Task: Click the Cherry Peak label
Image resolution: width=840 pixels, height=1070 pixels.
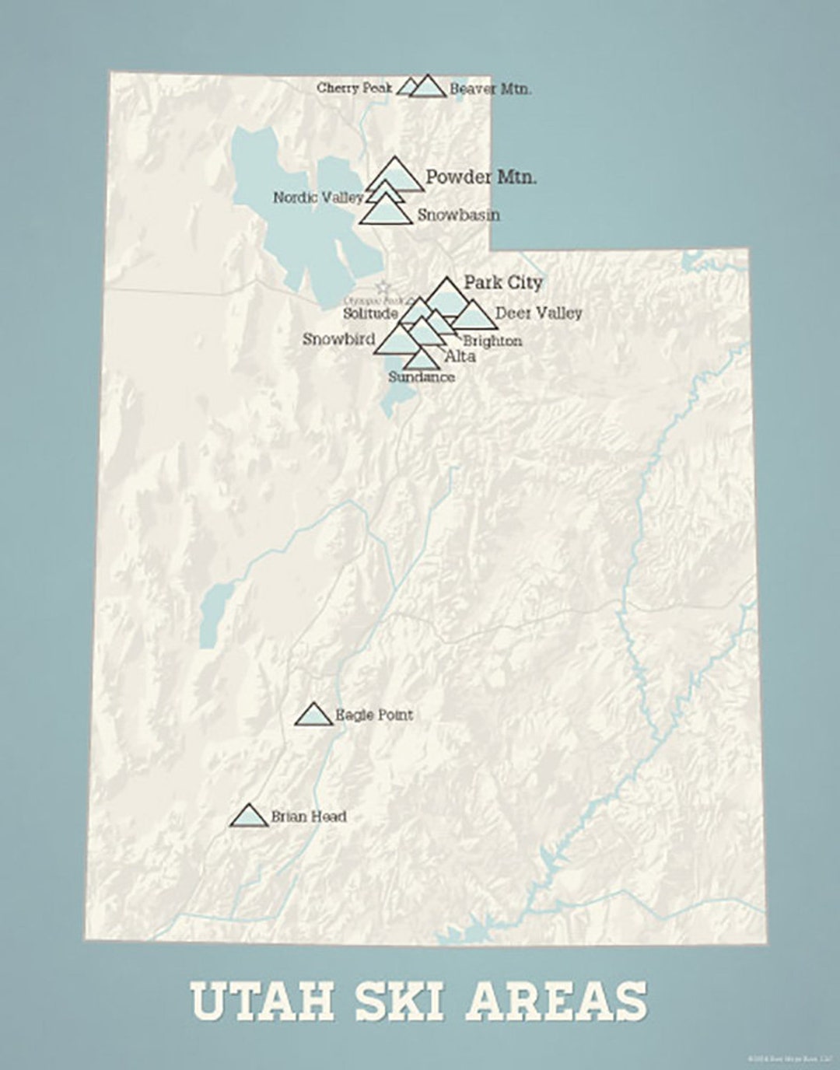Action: coord(354,88)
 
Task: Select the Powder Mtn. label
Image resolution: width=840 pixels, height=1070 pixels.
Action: coord(481,177)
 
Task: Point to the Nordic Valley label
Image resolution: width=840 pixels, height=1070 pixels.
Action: coord(317,198)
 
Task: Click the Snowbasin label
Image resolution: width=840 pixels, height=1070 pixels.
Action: coord(458,215)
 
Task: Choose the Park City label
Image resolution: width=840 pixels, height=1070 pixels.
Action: coord(502,282)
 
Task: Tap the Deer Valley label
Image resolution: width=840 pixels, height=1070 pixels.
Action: coord(538,313)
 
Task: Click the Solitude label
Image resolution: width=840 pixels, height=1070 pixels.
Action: coord(370,314)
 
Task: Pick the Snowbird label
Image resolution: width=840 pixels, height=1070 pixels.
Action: coord(338,339)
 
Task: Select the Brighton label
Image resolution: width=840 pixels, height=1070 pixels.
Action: coord(492,341)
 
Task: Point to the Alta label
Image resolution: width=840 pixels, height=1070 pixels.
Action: coord(460,357)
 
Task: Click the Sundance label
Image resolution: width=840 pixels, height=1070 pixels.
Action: coord(421,377)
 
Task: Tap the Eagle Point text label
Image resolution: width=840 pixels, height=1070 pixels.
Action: coord(374,715)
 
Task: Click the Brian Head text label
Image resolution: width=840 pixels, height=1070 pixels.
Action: coord(309,816)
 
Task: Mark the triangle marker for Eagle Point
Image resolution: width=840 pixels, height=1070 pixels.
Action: coord(314,715)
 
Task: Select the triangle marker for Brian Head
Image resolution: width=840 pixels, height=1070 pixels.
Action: coord(249,816)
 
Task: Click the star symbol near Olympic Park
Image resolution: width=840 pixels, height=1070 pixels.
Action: coord(382,287)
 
